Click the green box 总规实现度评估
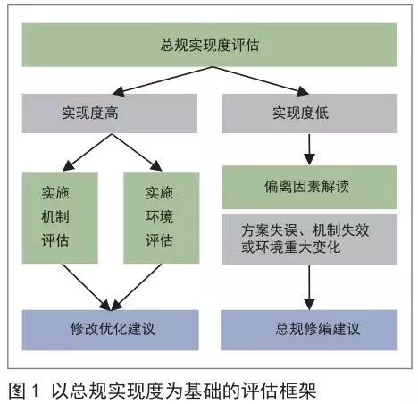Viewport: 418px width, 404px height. pos(210,45)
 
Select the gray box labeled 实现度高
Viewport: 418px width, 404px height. pos(110,114)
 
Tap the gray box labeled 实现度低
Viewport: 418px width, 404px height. pos(310,114)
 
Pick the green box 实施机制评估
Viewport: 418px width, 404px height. pos(60,217)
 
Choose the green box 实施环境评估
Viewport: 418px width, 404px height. pos(162,217)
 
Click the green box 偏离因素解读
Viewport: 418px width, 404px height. pos(310,187)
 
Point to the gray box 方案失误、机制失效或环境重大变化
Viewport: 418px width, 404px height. pos(310,239)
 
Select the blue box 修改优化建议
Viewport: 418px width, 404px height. pos(111,330)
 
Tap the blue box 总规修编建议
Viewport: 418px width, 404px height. pos(309,330)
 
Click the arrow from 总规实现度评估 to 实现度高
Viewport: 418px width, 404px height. pos(163,80)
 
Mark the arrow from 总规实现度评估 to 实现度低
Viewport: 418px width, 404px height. pos(261,80)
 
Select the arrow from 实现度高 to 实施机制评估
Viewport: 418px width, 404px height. pos(88,152)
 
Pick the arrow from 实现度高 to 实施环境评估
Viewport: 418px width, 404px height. pos(137,152)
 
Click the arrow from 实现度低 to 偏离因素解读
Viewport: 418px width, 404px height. pos(309,149)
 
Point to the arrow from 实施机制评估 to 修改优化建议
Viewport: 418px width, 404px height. pos(87,287)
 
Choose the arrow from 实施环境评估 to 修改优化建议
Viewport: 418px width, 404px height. pos(136,287)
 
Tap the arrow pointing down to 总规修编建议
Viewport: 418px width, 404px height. pos(309,288)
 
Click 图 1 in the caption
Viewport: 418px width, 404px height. pos(24,391)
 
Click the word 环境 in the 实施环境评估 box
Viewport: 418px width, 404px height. pos(159,216)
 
